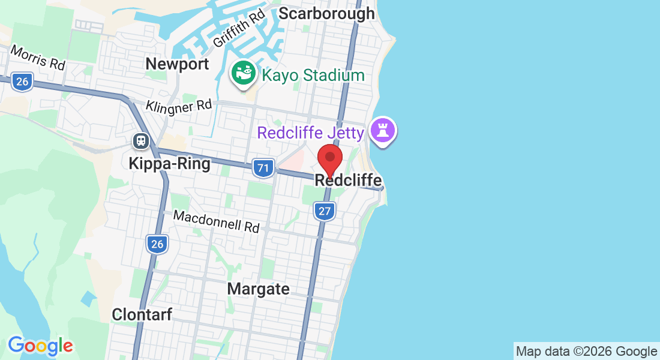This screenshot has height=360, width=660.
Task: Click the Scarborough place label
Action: tap(327, 13)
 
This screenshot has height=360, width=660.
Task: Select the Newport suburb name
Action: tap(177, 64)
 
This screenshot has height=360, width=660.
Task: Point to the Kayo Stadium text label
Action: tap(313, 76)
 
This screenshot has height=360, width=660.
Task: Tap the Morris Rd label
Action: tap(37, 58)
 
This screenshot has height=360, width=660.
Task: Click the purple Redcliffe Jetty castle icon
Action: tap(383, 130)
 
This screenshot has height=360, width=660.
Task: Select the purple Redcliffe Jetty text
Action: tap(311, 133)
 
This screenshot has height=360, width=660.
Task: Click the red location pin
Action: tap(329, 159)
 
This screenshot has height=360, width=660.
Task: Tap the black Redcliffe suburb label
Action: tap(348, 180)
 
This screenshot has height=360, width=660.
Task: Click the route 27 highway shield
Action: tap(324, 211)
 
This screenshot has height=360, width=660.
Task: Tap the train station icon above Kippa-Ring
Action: tap(141, 141)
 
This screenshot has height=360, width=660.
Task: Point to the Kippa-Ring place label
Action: tap(169, 163)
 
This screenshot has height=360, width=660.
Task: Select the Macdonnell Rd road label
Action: tap(216, 221)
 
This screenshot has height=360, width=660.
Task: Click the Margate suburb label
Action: tap(258, 289)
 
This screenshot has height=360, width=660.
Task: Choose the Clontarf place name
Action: tap(142, 314)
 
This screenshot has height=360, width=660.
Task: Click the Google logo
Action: tap(40, 346)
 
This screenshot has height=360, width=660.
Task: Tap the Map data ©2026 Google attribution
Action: tap(587, 351)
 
